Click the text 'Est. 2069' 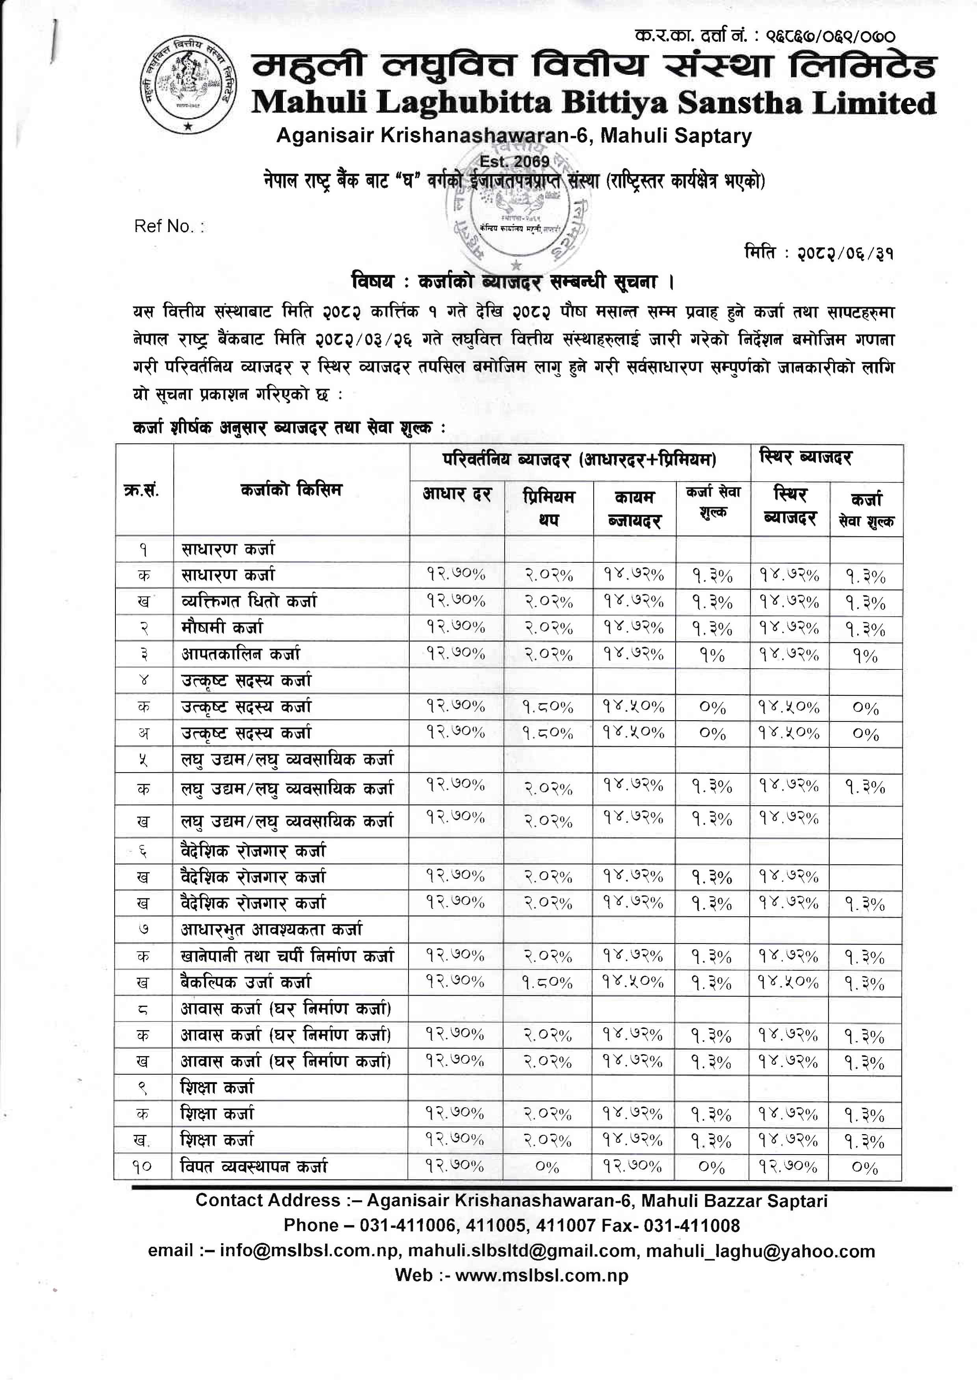[515, 161]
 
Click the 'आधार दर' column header [457, 495]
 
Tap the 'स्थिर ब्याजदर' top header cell [806, 458]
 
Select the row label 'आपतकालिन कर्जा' [241, 654]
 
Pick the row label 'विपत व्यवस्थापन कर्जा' [254, 1167]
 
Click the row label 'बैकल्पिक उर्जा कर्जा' [246, 982]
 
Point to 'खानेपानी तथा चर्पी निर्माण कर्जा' [288, 956]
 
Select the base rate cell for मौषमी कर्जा [456, 627]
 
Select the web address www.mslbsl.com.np [541, 1275]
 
